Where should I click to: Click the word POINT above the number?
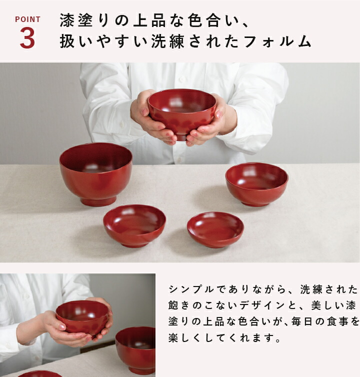coord(27,19)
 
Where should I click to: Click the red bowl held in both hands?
coord(181,111)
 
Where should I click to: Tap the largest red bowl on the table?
coord(95,172)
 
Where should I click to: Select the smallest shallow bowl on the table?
coord(215,229)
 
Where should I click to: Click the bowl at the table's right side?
coord(256,183)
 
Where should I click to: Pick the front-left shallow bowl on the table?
coord(134,225)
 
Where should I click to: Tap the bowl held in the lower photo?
coord(82,317)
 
